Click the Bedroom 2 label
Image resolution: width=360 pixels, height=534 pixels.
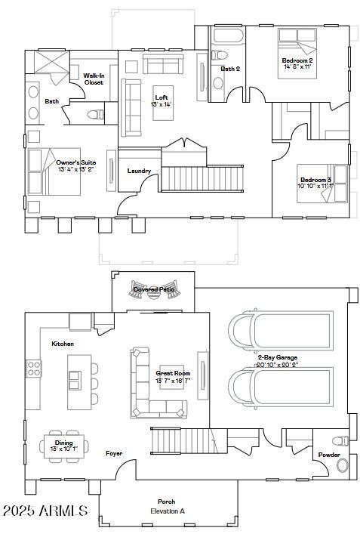point(297,60)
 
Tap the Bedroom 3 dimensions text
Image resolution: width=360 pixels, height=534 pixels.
point(314,186)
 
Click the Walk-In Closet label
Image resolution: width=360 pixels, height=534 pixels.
point(94,79)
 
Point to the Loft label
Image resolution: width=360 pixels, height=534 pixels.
point(162,97)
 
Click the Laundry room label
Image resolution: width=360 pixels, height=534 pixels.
point(140,171)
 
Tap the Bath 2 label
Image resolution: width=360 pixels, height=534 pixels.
point(230,69)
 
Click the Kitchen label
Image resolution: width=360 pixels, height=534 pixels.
point(63,344)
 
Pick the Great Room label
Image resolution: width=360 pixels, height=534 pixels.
point(173,373)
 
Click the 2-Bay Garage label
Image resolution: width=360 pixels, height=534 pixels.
point(276,357)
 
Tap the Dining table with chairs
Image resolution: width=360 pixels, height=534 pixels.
point(63,445)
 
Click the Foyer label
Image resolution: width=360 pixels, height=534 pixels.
point(114,453)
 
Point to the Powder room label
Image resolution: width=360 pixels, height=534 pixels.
point(328,455)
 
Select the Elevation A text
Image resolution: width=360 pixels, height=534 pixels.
point(166,511)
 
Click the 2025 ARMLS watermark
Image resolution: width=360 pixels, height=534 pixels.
point(45,511)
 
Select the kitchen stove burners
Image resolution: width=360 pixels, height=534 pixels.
point(34,369)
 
